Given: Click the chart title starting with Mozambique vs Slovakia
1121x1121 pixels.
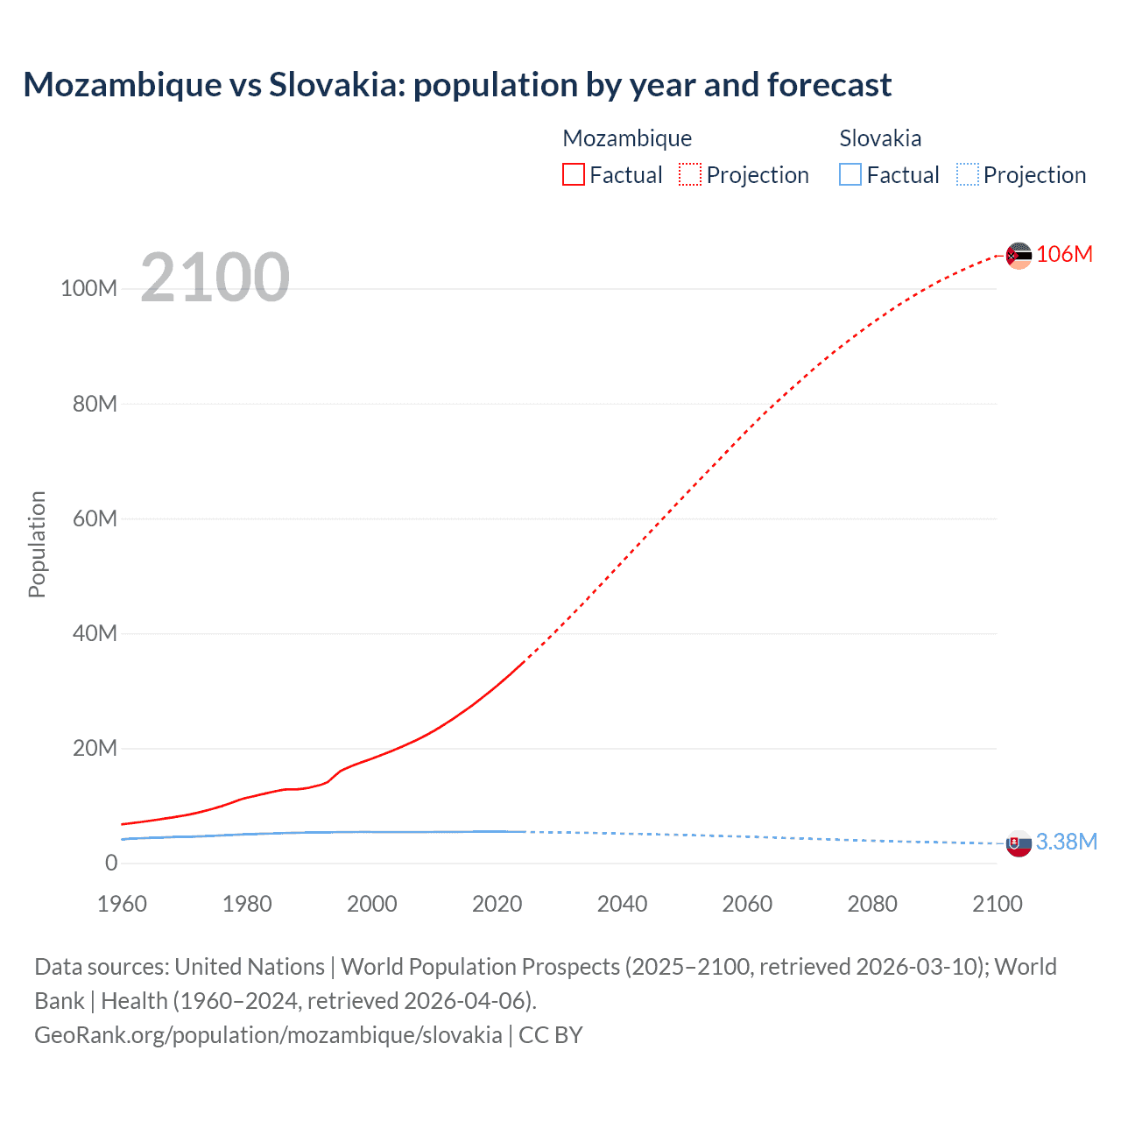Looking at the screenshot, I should (457, 85).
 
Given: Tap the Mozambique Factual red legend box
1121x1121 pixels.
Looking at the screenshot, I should (574, 174).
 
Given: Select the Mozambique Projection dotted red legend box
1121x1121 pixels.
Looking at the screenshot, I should (690, 174).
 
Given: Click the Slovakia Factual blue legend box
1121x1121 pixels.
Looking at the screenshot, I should (850, 174).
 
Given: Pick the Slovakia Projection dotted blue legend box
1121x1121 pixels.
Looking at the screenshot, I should (968, 174).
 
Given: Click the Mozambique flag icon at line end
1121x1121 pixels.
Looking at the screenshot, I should (1019, 256).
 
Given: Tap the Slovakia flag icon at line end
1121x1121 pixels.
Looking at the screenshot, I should (1019, 844).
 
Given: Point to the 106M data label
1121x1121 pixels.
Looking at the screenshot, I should (1065, 254).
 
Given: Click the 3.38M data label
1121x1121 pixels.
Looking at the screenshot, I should (1067, 842).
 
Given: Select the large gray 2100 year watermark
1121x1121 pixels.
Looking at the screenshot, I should (215, 277).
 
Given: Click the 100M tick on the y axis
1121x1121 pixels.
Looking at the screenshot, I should (88, 289).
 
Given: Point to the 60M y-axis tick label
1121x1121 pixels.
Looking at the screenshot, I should (95, 518).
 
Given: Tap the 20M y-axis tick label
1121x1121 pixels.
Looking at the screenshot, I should (95, 748).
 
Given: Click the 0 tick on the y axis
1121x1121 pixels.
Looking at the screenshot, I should (111, 863).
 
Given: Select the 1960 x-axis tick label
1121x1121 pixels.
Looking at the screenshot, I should (122, 904).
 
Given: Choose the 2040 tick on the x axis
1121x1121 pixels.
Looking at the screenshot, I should (622, 904).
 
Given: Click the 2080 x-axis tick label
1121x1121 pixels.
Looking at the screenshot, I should (872, 904).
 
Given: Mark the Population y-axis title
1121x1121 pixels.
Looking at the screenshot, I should (37, 544).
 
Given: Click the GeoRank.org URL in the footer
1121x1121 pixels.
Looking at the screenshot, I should (268, 1035).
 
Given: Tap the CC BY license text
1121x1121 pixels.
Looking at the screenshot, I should (551, 1035).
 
